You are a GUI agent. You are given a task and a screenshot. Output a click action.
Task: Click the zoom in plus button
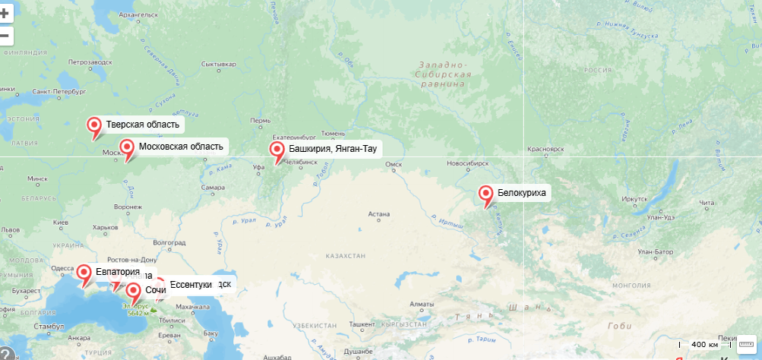(5, 13)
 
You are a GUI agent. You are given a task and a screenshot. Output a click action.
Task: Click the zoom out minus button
(5, 35)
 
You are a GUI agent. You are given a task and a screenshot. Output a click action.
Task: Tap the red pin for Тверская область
(94, 126)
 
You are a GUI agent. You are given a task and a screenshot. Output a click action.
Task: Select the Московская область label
(181, 147)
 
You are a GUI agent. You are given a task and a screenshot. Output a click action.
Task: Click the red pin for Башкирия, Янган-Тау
(278, 151)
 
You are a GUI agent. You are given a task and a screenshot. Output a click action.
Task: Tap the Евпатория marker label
(118, 272)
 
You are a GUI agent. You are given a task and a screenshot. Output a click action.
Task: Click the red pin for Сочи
(133, 292)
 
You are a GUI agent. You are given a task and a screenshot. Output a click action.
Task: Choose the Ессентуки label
(190, 285)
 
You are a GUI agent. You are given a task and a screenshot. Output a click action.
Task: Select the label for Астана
(378, 214)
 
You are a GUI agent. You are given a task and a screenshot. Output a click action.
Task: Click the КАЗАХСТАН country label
(346, 257)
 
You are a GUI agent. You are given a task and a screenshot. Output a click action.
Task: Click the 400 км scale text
(704, 344)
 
